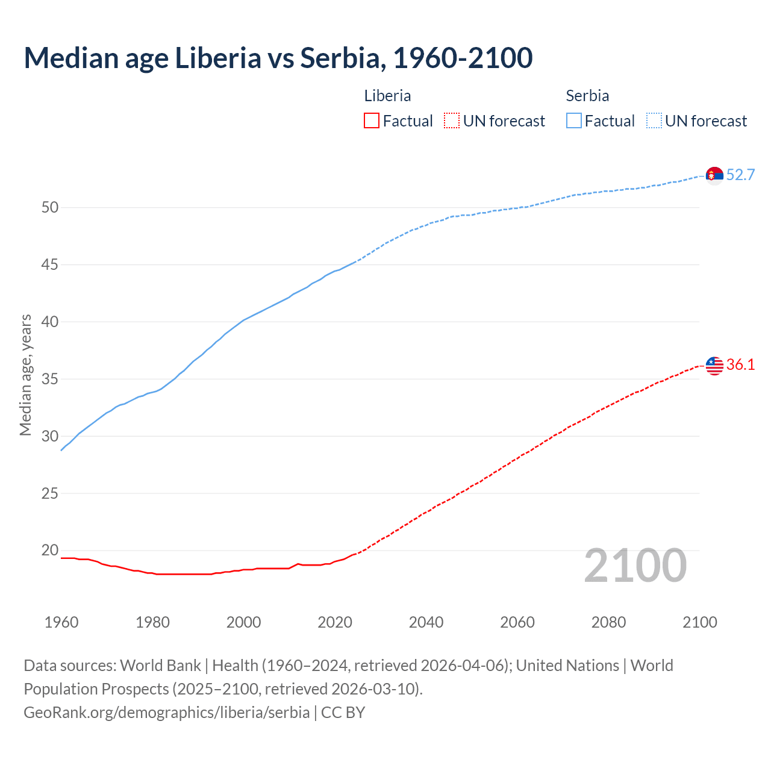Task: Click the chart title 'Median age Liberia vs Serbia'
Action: [278, 58]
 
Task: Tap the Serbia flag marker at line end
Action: [714, 175]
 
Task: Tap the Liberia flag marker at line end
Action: [714, 365]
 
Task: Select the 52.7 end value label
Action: [740, 175]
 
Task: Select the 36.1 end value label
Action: [740, 365]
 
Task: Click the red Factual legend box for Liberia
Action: [372, 121]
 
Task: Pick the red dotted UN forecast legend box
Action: [452, 121]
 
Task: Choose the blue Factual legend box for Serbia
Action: [574, 121]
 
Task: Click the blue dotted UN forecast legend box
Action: [654, 121]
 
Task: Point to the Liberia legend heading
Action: [387, 96]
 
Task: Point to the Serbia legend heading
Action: [587, 96]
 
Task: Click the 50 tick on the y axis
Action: [50, 208]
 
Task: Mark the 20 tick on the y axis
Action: [50, 551]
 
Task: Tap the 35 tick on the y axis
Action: [50, 379]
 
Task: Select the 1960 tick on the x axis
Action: [61, 622]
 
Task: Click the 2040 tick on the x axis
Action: [426, 622]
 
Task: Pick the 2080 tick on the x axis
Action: [608, 622]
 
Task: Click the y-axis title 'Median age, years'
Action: [25, 375]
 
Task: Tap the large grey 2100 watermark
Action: [635, 566]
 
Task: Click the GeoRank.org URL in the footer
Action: [166, 713]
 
